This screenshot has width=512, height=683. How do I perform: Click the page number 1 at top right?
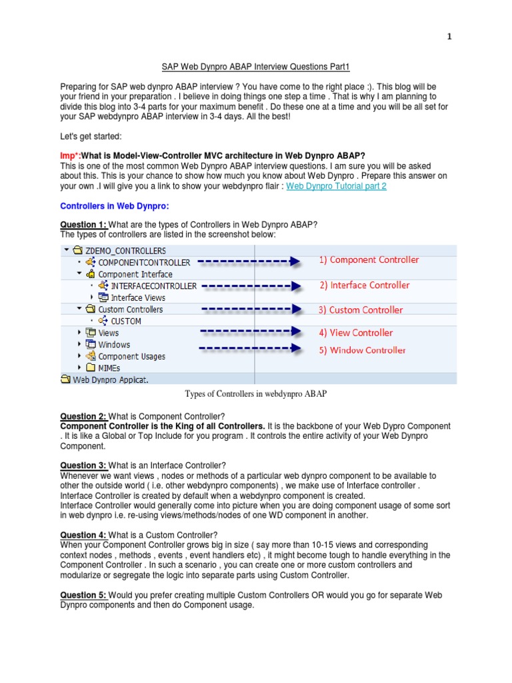pos(449,37)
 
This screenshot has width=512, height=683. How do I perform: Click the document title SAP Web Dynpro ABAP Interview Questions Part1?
pos(256,67)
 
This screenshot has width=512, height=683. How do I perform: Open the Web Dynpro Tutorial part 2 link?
pos(336,186)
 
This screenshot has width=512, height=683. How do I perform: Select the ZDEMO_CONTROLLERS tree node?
pos(125,251)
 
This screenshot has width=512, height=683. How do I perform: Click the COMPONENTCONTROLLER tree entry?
pos(143,263)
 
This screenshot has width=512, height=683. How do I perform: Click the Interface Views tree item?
pos(137,297)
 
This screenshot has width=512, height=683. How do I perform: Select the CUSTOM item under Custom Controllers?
pos(125,321)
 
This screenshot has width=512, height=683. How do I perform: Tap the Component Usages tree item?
pos(131,356)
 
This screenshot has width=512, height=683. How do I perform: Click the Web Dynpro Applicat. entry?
pos(110,380)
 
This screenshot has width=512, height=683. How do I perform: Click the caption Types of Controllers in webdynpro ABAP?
pos(255,394)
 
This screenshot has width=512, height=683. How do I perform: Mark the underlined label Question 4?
pos(83,535)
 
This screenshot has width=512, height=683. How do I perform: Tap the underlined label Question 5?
pos(83,594)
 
